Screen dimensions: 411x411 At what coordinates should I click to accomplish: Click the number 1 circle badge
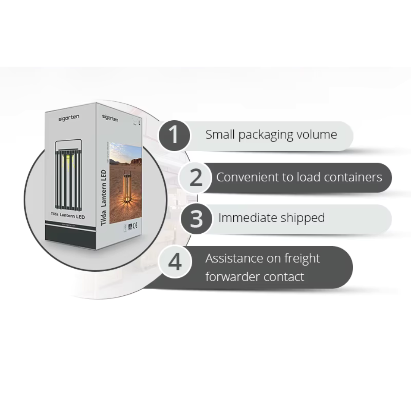[174, 135]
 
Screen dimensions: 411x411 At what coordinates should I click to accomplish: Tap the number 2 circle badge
[196, 177]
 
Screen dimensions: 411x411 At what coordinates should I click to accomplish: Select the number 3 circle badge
[196, 219]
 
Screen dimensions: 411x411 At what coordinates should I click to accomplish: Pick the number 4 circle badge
[175, 262]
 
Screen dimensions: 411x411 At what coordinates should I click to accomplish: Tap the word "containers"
[354, 177]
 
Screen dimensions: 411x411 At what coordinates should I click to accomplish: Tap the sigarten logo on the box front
[69, 118]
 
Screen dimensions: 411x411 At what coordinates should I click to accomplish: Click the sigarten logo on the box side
[110, 118]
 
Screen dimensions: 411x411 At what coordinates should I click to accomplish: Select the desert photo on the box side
[126, 183]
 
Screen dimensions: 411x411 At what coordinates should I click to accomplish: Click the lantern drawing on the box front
[68, 176]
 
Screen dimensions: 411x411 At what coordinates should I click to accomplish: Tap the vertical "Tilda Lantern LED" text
[104, 198]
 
